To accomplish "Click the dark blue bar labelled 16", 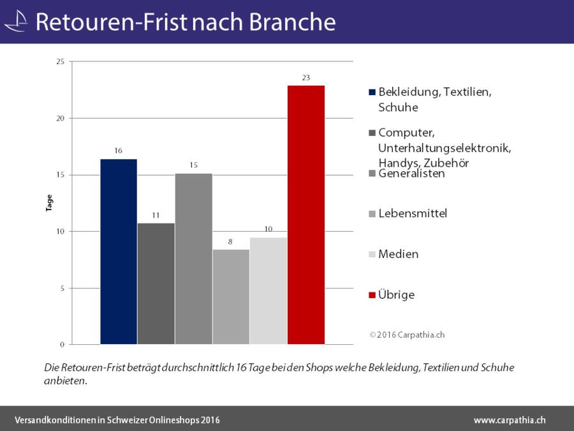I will click(x=119, y=252).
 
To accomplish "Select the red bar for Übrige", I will click(x=306, y=215).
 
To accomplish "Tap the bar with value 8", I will click(x=231, y=297).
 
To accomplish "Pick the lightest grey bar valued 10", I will click(x=269, y=291).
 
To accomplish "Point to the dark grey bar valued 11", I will click(x=156, y=284).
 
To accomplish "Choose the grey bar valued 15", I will click(x=193, y=259).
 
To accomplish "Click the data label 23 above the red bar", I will click(x=306, y=78).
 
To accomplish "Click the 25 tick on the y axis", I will click(x=60, y=62).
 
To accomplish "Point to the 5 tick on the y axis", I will click(x=62, y=288).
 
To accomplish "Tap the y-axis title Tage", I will click(x=49, y=203).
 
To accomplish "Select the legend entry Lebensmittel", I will click(x=412, y=213).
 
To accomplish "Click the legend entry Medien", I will click(x=398, y=254).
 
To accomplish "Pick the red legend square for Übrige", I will click(x=372, y=295).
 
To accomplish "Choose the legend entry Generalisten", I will click(x=411, y=174).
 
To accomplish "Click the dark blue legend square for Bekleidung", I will click(x=372, y=92).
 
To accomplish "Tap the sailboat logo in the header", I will click(x=17, y=22).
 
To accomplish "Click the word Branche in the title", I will click(x=291, y=22).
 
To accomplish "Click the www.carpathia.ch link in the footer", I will click(x=510, y=420).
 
